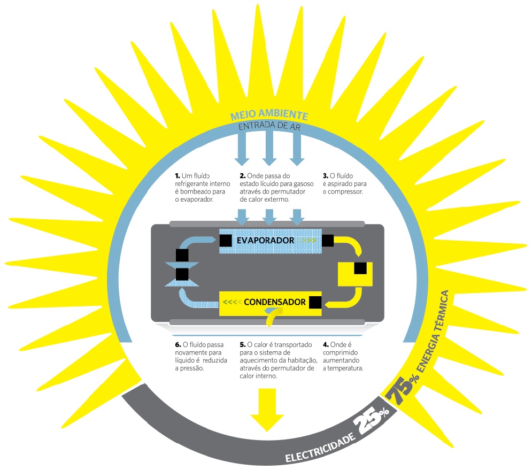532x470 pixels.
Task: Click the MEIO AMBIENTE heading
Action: (269, 115)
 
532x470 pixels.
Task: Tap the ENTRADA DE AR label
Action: (269, 126)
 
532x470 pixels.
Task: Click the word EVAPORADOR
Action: (265, 241)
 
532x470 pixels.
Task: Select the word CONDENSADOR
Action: (274, 302)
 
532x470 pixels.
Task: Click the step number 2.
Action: (242, 175)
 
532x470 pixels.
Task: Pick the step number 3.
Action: (325, 175)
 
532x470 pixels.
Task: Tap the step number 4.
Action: (325, 345)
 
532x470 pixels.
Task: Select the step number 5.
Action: (242, 345)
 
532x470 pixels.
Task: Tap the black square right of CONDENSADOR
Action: (315, 303)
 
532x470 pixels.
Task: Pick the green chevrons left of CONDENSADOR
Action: (231, 303)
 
